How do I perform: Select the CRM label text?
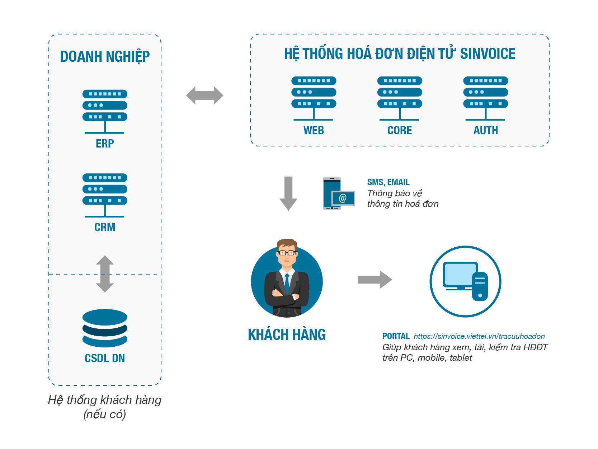[105, 227]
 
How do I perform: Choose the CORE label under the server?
[400, 130]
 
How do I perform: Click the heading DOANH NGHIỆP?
[105, 57]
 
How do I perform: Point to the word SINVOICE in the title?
[488, 54]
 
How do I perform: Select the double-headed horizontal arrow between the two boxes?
[204, 95]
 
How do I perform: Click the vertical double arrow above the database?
[105, 273]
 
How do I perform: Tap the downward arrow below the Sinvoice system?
[288, 193]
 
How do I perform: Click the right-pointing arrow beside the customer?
[375, 280]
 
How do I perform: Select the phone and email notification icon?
[338, 193]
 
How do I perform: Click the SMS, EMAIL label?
[388, 182]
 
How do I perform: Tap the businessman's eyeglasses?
[287, 253]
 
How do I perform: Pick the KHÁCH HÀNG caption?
[287, 335]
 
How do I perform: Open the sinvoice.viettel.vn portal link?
[479, 336]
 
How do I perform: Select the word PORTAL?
[396, 336]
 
